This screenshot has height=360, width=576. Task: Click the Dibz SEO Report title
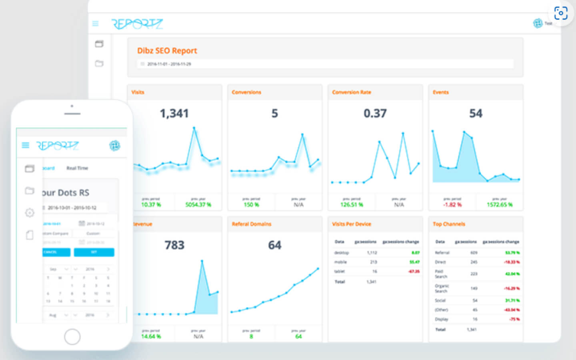point(167,51)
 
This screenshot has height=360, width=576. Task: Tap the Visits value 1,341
point(174,114)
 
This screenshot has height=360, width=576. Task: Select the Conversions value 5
point(274,114)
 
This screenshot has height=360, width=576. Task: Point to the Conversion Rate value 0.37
point(375,114)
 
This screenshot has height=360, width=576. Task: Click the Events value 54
point(476,114)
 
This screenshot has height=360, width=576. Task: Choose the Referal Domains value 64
point(274,245)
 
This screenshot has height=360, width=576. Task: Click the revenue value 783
point(174,245)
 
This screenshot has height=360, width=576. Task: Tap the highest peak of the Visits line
point(194,128)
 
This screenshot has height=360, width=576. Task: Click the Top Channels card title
point(449,224)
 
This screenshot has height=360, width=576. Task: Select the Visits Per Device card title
point(351,224)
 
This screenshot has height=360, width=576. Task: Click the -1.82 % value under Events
point(452,205)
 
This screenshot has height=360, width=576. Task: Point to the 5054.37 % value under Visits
point(198,205)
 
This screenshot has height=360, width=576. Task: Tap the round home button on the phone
point(72,337)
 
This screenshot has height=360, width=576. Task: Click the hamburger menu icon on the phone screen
point(25,145)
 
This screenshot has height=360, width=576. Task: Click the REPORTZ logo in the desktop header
point(137,24)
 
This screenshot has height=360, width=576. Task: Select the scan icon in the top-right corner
point(561,13)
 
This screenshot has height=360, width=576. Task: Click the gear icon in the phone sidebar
point(30,213)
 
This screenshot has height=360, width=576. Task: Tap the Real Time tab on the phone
point(77,168)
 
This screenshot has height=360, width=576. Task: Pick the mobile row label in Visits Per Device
point(340,262)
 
